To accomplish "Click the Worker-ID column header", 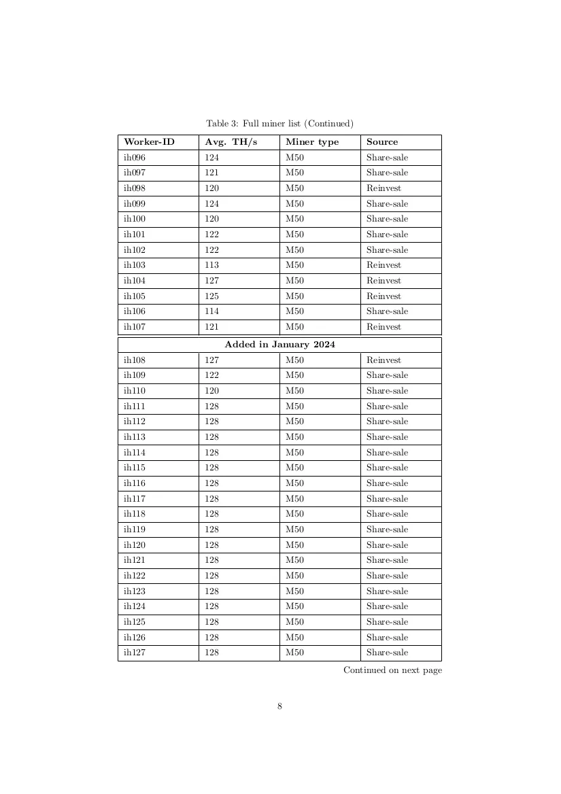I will click(149, 142).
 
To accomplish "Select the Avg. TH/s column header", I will click(231, 142).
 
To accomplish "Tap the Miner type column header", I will click(312, 142).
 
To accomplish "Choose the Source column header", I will click(382, 142).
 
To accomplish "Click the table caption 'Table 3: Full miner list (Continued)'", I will click(279, 123).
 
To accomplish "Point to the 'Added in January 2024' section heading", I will click(279, 345).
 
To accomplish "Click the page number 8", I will click(279, 706).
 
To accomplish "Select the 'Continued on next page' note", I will click(392, 670).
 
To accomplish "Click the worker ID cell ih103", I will click(135, 265).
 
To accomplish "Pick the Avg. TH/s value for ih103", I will click(212, 265).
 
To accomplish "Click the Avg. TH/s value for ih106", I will click(212, 311).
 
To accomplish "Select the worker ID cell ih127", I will click(135, 653).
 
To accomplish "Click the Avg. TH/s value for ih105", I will click(212, 296).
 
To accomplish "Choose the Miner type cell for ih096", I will click(294, 158).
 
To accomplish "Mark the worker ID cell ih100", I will click(135, 219).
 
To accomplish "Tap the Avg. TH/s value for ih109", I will click(212, 375).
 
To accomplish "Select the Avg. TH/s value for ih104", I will click(212, 281).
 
